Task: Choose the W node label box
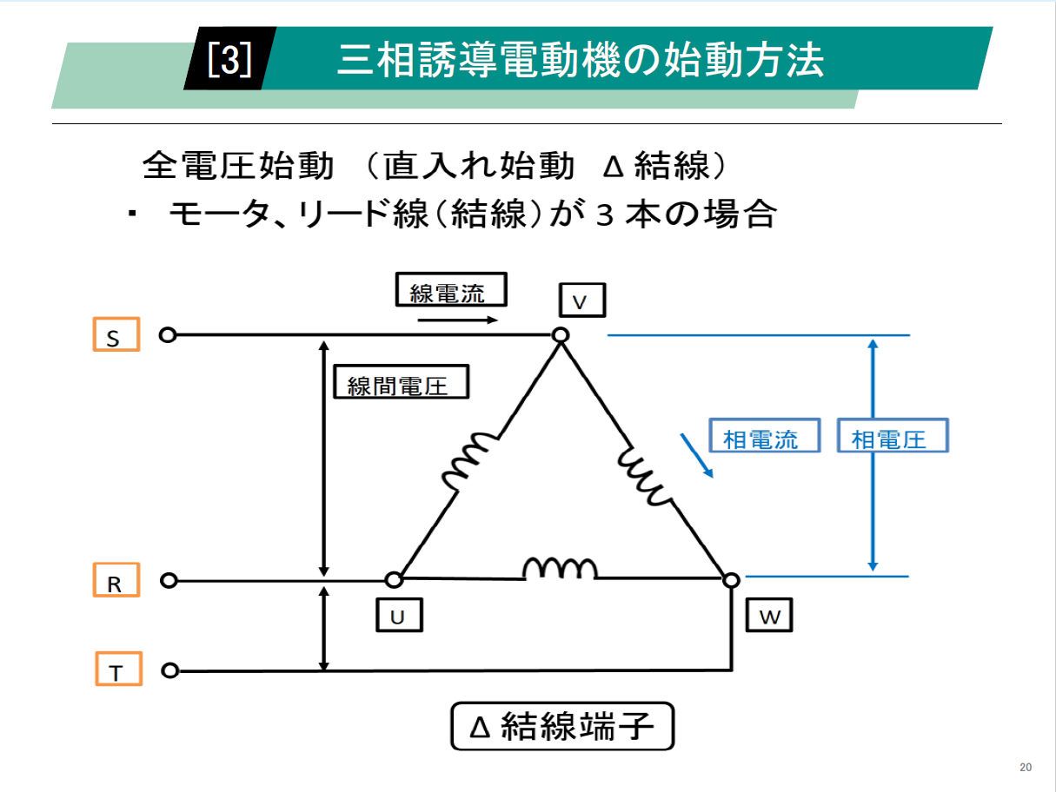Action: coord(769,616)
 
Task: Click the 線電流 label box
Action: coord(450,291)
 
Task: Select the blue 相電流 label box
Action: coord(765,437)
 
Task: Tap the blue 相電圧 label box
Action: coord(892,437)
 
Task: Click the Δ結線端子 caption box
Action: coord(562,726)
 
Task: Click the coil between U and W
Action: coord(560,569)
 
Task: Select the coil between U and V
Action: coord(472,461)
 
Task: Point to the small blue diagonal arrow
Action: coord(697,457)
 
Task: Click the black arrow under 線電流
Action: coord(457,320)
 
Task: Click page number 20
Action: coord(1026,767)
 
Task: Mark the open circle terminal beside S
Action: coord(168,335)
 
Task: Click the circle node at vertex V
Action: coord(561,335)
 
